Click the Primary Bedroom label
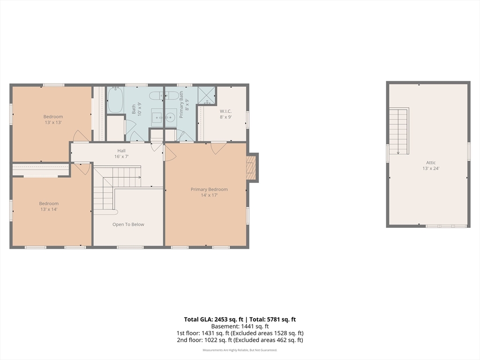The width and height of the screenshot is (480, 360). coord(209,189)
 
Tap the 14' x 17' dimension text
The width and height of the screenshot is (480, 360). coord(209,195)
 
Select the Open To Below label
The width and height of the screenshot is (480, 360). coord(128,225)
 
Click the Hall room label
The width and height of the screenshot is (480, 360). coord(121,150)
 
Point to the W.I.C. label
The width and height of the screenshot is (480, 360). coord(225,111)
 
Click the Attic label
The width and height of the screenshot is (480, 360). coord(431,163)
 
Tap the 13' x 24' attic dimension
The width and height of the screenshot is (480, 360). coord(431,168)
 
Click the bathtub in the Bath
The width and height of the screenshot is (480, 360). coord(115,100)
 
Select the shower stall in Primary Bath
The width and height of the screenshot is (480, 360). coord(206,96)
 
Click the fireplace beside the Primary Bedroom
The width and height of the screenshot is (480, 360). coord(251,168)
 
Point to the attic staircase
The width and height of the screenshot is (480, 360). coord(399,131)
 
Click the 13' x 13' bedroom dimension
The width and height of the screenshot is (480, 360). coord(53,122)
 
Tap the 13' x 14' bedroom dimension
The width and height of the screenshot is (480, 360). coord(49,210)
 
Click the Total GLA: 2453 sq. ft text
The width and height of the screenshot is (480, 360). coord(213,319)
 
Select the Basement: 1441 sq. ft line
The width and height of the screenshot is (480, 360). coord(240,326)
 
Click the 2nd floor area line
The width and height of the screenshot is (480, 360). coord(240,340)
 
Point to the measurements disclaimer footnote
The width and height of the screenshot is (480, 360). coord(240,350)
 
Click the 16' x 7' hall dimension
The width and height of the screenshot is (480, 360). coord(121,157)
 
